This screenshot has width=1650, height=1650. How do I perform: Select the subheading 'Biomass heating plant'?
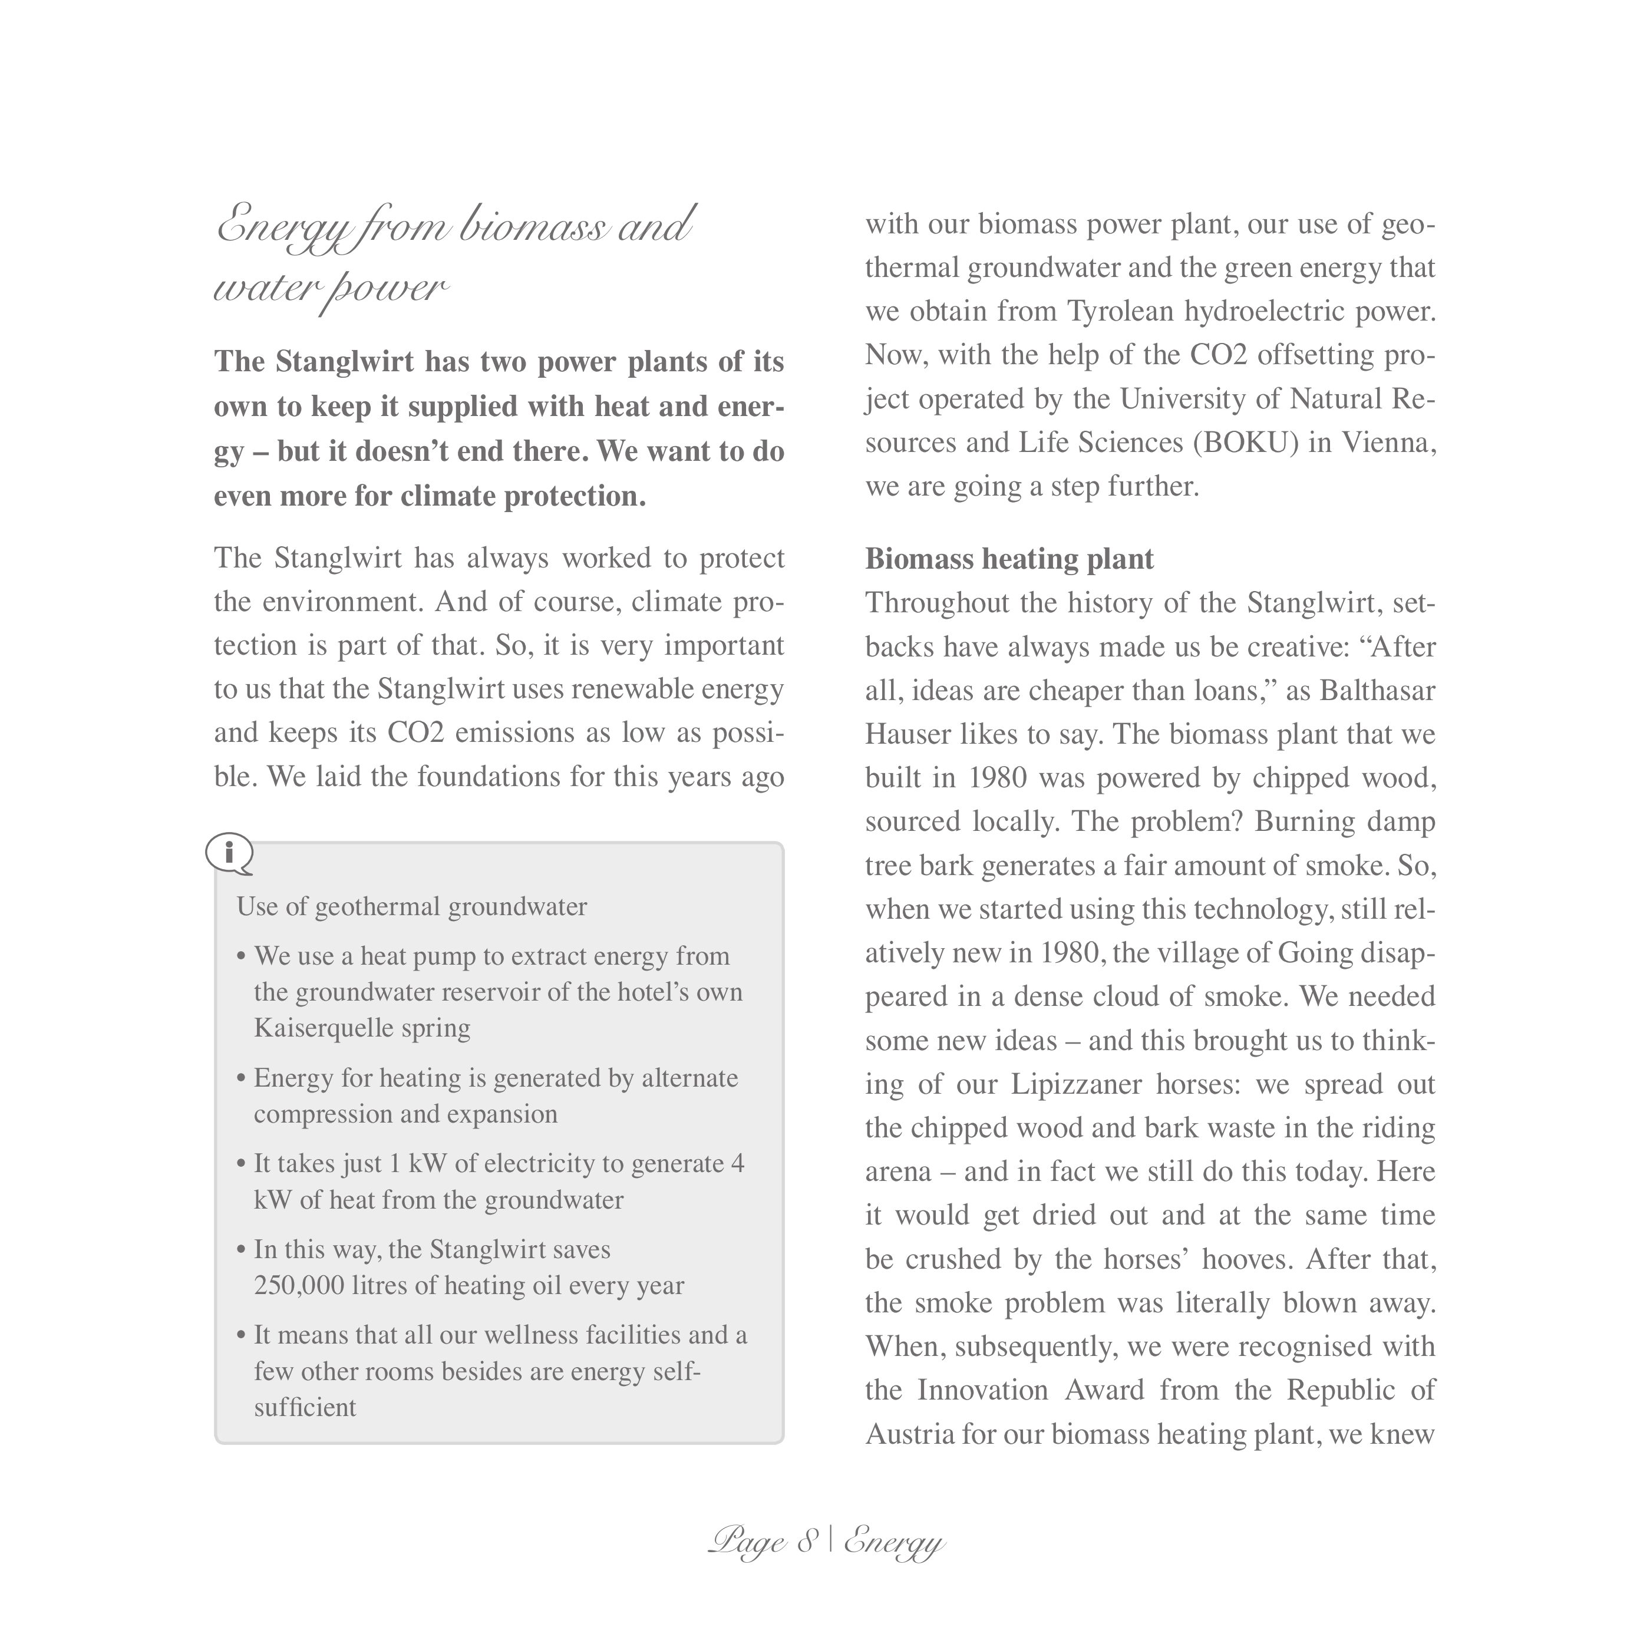1009,559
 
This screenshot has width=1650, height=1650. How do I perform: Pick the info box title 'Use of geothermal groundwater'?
412,907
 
